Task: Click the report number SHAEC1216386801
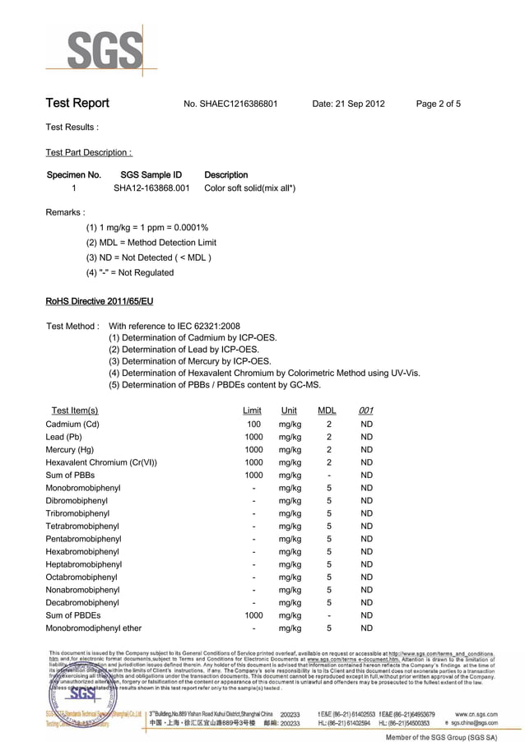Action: (238, 104)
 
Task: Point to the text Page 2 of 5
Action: (439, 104)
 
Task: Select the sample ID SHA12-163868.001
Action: (151, 188)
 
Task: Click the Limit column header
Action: (253, 410)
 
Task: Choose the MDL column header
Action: (327, 410)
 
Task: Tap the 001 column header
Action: (366, 410)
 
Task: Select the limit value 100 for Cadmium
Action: (254, 424)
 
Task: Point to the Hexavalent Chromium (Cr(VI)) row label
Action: (101, 462)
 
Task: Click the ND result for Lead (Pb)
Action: (367, 437)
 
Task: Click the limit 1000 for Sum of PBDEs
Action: (253, 615)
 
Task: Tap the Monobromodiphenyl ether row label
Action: (94, 628)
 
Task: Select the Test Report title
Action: (77, 104)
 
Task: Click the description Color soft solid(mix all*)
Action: (249, 188)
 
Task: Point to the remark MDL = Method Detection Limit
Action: (151, 243)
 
